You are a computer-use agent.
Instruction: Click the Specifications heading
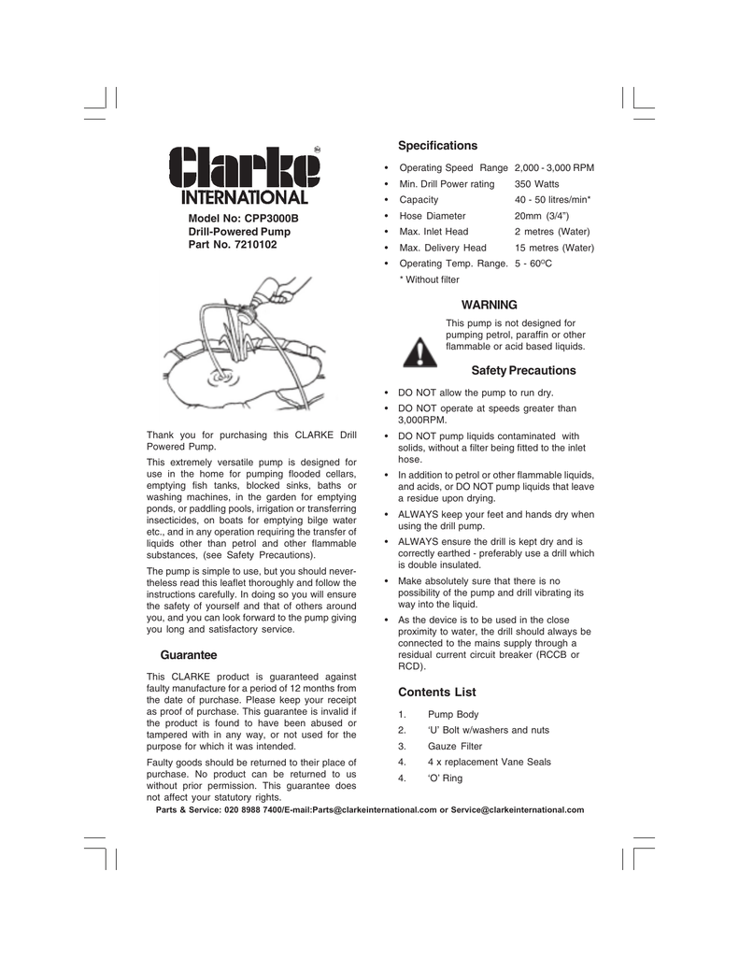(x=437, y=146)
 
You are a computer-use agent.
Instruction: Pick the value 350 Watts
(x=536, y=184)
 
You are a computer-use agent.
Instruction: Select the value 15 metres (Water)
(x=554, y=248)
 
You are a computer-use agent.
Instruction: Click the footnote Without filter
(x=432, y=279)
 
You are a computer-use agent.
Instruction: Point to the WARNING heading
(x=490, y=305)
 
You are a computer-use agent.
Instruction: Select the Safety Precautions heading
(x=523, y=371)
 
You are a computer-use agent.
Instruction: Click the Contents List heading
(x=437, y=693)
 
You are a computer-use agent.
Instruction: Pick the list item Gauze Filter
(x=455, y=747)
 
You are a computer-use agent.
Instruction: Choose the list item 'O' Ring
(x=445, y=778)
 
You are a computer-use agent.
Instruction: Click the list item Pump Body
(x=453, y=715)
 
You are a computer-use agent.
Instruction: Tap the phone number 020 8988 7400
(x=256, y=809)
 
